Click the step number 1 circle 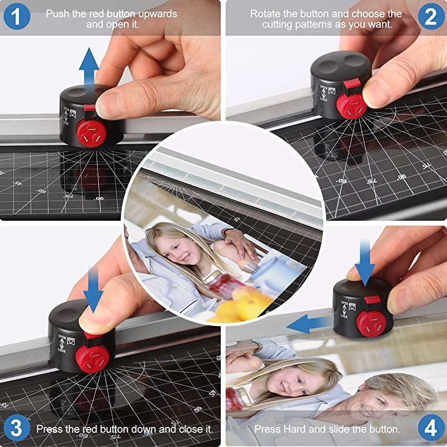[16, 17]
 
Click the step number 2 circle [431, 17]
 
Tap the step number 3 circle [16, 429]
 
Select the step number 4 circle [431, 429]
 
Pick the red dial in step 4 [369, 321]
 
